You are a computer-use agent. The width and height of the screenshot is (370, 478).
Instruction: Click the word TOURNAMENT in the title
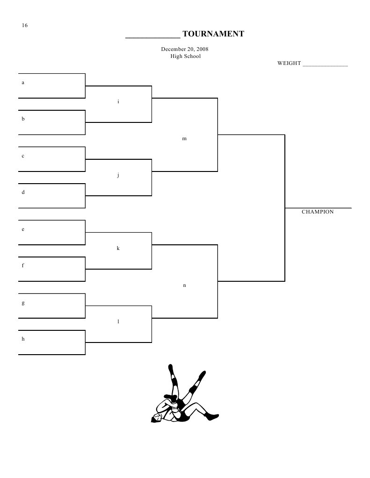pyautogui.click(x=213, y=34)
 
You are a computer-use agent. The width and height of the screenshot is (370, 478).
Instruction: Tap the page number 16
pyautogui.click(x=25, y=25)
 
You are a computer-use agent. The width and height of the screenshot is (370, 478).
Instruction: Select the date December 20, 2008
pyautogui.click(x=185, y=49)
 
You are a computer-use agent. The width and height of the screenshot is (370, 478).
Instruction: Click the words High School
pyautogui.click(x=185, y=56)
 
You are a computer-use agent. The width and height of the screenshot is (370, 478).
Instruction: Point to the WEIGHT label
pyautogui.click(x=289, y=63)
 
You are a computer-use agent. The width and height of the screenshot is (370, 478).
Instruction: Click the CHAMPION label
pyautogui.click(x=318, y=212)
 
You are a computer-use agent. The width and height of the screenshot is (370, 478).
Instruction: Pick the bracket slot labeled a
pyautogui.click(x=23, y=83)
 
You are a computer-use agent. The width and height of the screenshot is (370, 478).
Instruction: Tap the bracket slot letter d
pyautogui.click(x=23, y=192)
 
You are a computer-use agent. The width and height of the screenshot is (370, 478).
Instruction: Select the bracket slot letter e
pyautogui.click(x=23, y=229)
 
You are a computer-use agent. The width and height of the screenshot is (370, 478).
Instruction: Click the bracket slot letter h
pyautogui.click(x=23, y=339)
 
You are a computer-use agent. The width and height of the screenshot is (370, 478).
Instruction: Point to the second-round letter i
pyautogui.click(x=118, y=101)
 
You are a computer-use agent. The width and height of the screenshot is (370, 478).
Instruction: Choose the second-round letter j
pyautogui.click(x=118, y=175)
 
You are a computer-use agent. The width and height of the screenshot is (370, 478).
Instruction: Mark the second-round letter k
pyautogui.click(x=118, y=248)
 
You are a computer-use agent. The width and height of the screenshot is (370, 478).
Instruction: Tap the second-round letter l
pyautogui.click(x=118, y=321)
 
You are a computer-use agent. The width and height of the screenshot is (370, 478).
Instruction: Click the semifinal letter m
pyautogui.click(x=184, y=138)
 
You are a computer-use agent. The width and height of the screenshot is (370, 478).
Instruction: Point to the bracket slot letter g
pyautogui.click(x=23, y=303)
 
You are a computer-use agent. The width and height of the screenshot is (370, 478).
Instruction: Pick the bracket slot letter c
pyautogui.click(x=23, y=156)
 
